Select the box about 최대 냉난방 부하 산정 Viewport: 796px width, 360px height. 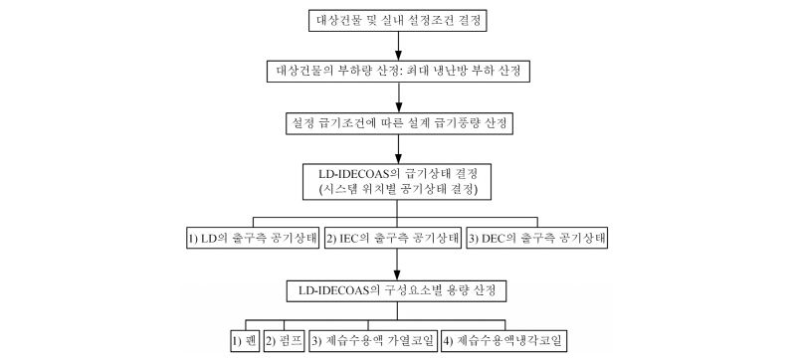pyautogui.click(x=397, y=72)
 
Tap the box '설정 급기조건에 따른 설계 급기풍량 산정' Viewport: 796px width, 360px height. pyautogui.click(x=397, y=124)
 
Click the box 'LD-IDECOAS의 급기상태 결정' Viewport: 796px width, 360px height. pyautogui.click(x=397, y=179)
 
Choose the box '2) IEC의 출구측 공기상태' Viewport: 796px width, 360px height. pyautogui.click(x=397, y=240)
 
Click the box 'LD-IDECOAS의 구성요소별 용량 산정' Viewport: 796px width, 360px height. pyautogui.click(x=397, y=290)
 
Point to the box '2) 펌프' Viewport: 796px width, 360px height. pyautogui.click(x=285, y=342)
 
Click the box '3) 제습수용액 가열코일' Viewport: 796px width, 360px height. pyautogui.click(x=374, y=342)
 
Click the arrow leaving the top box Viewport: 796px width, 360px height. pyautogui.click(x=397, y=45)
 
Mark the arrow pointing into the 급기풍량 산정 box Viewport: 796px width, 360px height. pyautogui.click(x=397, y=98)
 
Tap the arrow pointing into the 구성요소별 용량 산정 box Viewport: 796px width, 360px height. pyautogui.click(x=397, y=267)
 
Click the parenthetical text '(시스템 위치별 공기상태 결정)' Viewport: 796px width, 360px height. pyautogui.click(x=397, y=188)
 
